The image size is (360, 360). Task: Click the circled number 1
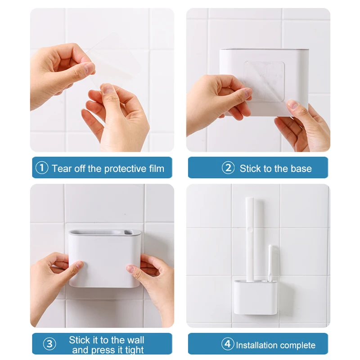42,168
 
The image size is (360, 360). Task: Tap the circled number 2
228,168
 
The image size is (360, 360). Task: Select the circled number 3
49,344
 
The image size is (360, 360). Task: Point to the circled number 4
228,344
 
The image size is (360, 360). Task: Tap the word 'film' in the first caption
157,168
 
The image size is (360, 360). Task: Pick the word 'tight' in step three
134,350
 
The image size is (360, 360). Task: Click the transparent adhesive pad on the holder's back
264,81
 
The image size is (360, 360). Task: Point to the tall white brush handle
250,239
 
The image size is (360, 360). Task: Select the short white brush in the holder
270,263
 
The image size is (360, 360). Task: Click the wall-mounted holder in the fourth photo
256,297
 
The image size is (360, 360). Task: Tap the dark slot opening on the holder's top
128,233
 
